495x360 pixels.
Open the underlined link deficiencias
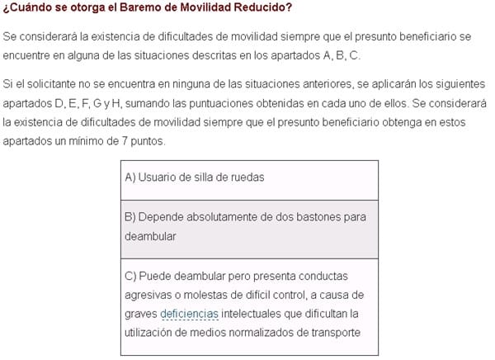[x=191, y=314]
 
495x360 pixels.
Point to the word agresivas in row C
[x=149, y=295]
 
